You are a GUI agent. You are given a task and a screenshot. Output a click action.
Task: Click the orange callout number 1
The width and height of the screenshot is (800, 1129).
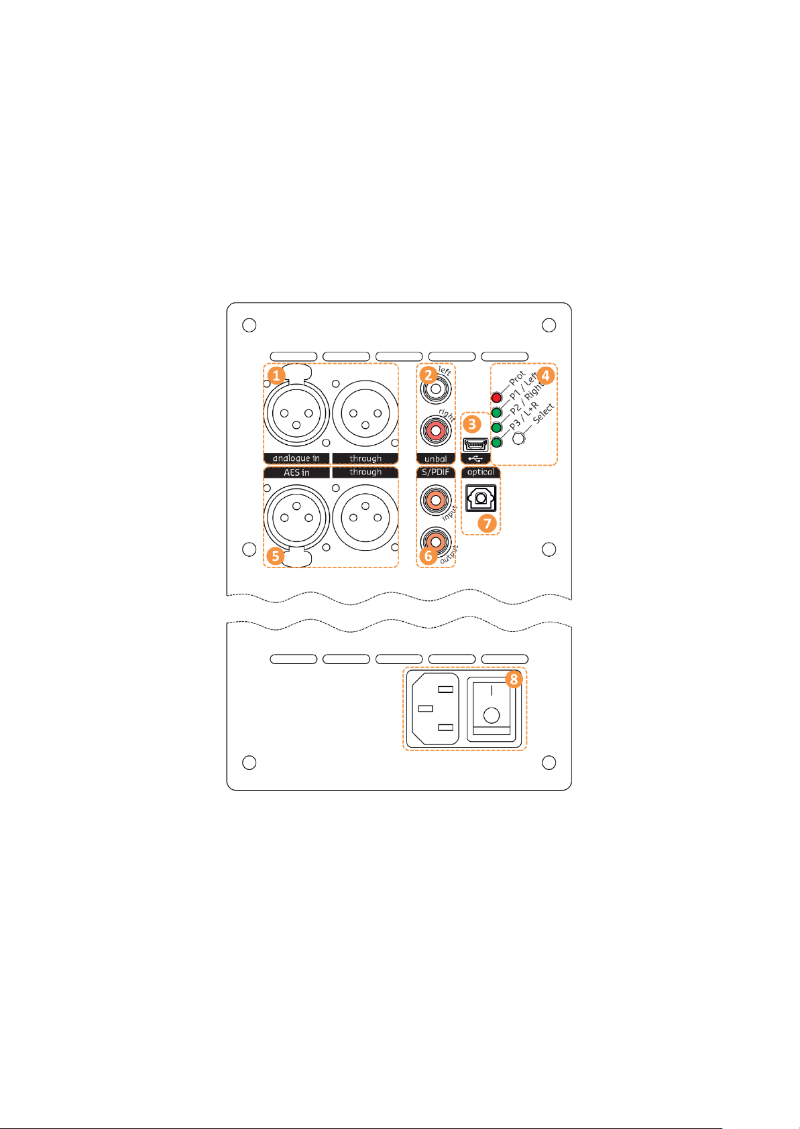tap(276, 375)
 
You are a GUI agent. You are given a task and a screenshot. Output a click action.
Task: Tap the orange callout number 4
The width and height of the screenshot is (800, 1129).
tap(545, 375)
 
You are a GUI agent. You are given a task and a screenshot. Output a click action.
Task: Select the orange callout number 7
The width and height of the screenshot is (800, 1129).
tap(488, 524)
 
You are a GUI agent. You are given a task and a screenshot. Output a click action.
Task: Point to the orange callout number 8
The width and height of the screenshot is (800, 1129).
tap(514, 679)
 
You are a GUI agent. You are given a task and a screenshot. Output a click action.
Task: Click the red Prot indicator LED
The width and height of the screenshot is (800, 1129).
tap(496, 398)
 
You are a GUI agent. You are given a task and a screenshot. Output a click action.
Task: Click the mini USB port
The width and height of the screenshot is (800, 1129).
tap(475, 444)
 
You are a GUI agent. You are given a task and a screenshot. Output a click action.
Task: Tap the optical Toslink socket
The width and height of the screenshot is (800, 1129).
tap(481, 498)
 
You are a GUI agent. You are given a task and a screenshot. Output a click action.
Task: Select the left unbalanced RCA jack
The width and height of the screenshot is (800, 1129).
tap(435, 389)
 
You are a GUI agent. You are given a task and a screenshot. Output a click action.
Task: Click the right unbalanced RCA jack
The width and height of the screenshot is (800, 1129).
tap(435, 430)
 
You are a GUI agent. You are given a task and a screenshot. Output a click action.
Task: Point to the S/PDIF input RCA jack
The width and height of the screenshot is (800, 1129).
tap(435, 500)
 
